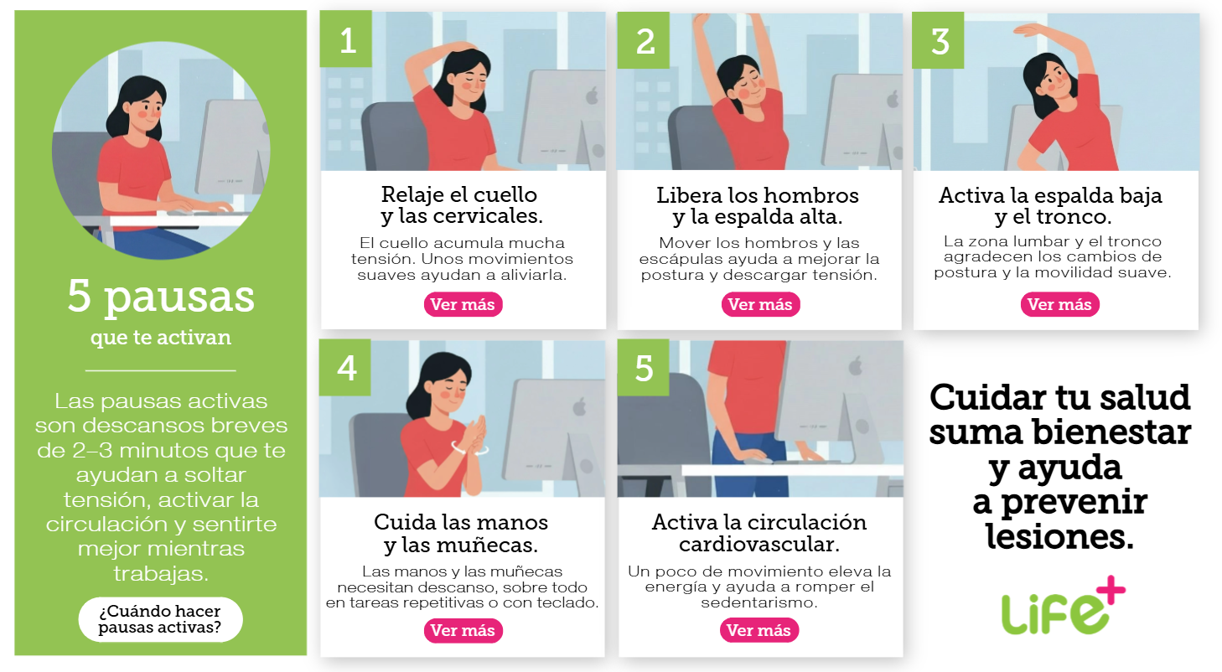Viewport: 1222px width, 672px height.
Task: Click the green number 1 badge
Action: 346,39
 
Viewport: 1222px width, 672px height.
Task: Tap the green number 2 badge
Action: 643,40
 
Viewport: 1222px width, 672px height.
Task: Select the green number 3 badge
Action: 938,40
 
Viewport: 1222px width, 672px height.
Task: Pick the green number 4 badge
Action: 344,367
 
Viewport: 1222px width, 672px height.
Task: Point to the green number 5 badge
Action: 643,367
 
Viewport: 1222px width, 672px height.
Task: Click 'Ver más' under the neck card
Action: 463,304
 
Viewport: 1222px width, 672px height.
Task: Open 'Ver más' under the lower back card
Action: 1059,304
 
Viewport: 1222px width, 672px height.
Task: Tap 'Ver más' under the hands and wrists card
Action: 463,631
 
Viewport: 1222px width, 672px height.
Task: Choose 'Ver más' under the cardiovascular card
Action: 759,631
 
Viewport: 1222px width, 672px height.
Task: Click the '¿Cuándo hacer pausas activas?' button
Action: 160,619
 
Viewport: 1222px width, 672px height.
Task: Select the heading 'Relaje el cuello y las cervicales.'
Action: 462,205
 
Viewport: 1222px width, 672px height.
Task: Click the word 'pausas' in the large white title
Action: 179,297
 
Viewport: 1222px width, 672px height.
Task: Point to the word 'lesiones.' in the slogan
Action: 1060,536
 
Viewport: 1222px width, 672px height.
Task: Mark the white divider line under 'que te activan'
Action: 160,371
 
